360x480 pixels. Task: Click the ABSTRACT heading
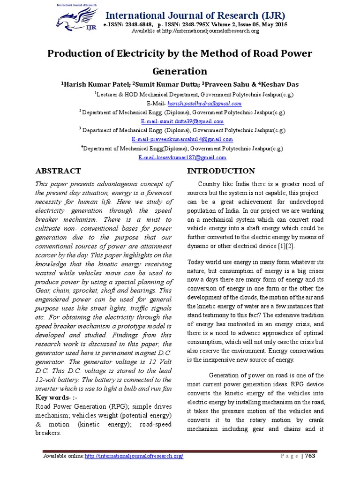[x=58, y=171]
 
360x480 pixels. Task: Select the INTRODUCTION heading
[x=221, y=171]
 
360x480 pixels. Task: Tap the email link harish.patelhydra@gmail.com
[x=205, y=104]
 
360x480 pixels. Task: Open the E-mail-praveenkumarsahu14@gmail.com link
[x=182, y=139]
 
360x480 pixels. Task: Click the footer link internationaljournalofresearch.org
[x=134, y=456]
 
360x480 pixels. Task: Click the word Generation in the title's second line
[x=180, y=71]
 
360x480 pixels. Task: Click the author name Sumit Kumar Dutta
[x=165, y=84]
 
